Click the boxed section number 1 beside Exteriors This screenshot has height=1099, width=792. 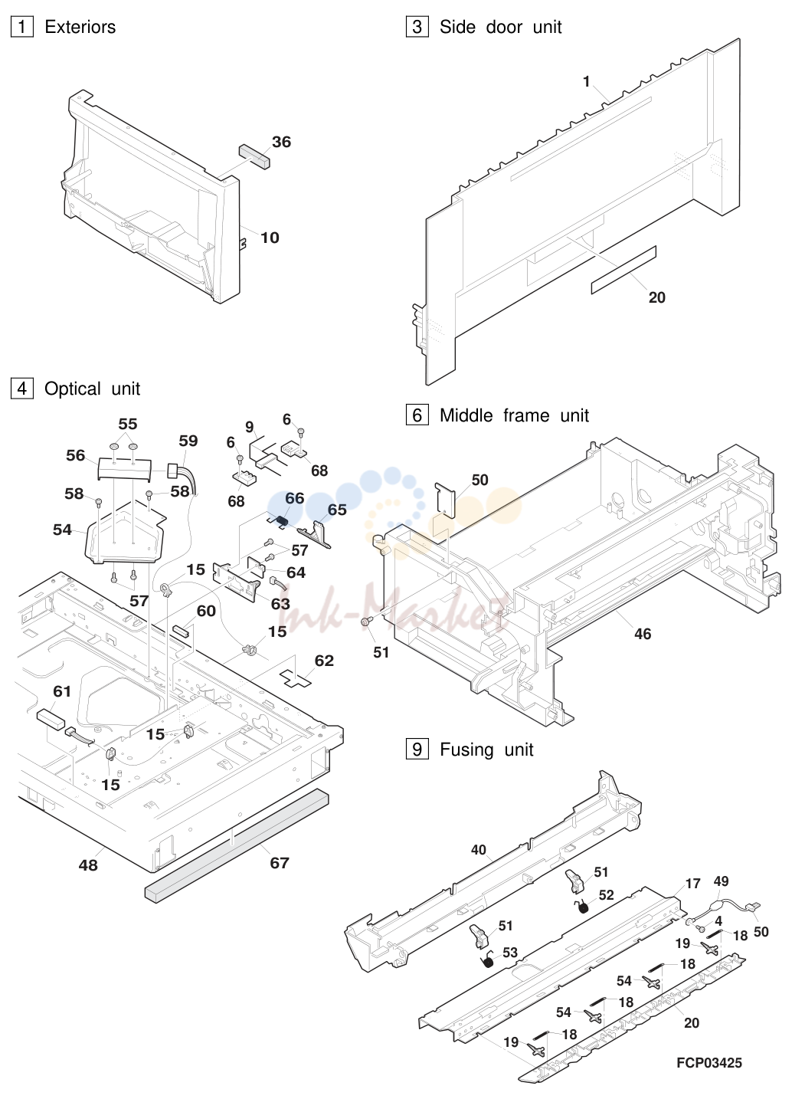tap(22, 27)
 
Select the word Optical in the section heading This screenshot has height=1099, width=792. tap(73, 389)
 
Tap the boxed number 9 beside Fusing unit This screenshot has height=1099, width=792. tap(417, 750)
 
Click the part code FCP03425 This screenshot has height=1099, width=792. tap(709, 1063)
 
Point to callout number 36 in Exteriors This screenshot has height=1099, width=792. tap(282, 142)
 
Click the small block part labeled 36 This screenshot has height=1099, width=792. tap(254, 156)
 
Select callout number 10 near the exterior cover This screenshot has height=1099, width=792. tap(270, 238)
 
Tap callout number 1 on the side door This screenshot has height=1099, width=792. tap(586, 81)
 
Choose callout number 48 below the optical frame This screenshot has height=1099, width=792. tap(88, 865)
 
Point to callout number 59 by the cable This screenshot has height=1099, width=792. tap(188, 441)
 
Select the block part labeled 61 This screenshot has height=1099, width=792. tap(51, 720)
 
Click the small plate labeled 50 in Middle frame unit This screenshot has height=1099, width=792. tap(445, 500)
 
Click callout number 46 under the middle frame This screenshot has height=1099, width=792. tap(643, 634)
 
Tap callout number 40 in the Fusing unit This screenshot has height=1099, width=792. tap(479, 849)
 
